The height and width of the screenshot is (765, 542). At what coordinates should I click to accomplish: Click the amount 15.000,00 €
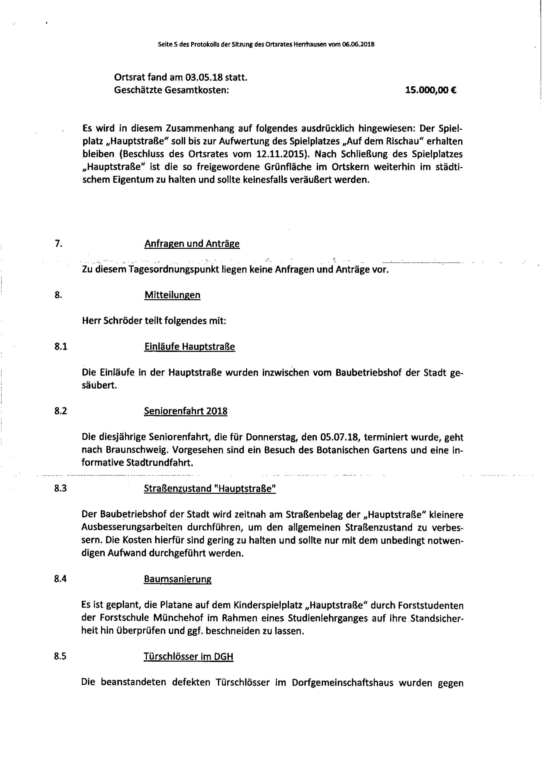[x=431, y=90]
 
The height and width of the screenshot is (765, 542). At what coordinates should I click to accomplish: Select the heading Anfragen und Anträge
[x=192, y=244]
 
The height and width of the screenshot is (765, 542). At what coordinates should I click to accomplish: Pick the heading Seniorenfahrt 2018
[x=185, y=411]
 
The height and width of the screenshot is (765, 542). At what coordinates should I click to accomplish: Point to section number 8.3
[x=60, y=488]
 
